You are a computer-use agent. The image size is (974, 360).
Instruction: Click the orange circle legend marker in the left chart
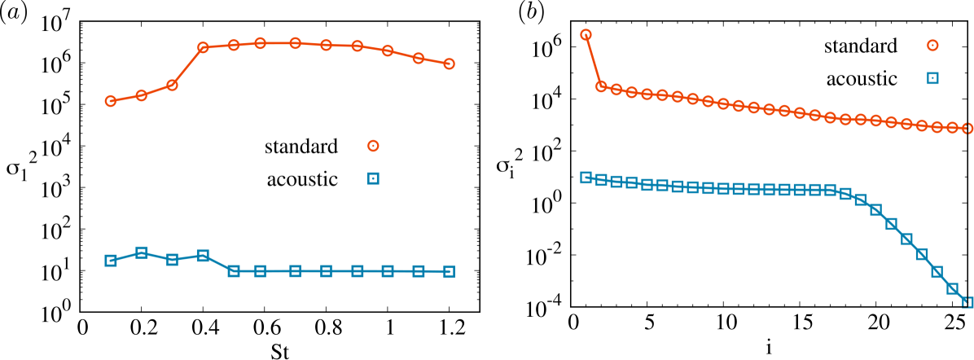coord(373,146)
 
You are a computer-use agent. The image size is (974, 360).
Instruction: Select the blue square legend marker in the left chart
coord(373,178)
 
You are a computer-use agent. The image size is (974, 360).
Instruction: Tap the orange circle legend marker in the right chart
coord(932,46)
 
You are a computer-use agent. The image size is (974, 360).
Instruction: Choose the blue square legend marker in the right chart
coord(932,78)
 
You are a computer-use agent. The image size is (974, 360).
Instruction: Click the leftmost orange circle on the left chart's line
coord(111,101)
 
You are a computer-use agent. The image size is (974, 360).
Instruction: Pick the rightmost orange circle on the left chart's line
coord(449,64)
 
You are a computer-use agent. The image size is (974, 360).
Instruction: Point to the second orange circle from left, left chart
coord(142,95)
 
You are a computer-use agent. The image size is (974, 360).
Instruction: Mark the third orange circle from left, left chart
coord(172,85)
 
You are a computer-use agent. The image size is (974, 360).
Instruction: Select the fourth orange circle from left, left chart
coord(203,48)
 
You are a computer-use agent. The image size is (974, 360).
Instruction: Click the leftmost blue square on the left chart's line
coord(111,261)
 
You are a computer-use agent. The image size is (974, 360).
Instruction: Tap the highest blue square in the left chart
coord(142,252)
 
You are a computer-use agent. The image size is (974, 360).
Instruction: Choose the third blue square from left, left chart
coord(172,260)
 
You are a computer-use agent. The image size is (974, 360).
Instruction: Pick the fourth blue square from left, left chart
coord(203,256)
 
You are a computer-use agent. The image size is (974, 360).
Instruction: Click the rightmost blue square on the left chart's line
coord(449,271)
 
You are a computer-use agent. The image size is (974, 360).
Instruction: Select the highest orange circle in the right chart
coord(586,35)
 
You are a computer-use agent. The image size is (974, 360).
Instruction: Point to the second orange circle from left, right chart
coord(601,86)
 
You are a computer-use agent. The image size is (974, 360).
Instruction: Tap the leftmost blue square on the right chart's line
coord(586,178)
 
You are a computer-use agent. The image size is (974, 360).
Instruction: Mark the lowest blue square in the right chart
coord(967,302)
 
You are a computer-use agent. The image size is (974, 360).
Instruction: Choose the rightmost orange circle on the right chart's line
coord(967,128)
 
